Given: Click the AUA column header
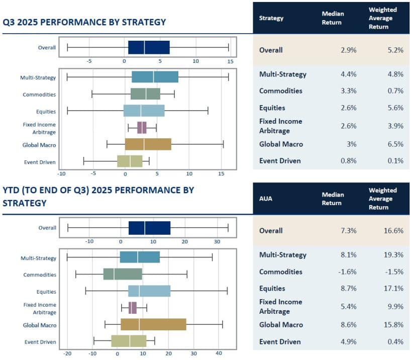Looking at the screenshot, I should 266,199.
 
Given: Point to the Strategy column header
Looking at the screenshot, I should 271,18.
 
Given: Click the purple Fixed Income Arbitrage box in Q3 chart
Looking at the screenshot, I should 142,128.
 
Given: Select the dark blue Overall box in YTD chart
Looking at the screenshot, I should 149,228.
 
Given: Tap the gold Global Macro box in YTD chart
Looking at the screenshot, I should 153,325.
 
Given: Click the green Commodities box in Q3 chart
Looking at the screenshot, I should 146,94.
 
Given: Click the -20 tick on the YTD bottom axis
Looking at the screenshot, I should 67,353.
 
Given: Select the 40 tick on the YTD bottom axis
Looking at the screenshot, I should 219,353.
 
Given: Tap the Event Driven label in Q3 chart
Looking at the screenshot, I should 40,162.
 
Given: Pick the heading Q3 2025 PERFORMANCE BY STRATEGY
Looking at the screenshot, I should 84,22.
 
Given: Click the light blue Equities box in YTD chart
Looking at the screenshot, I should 149,291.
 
